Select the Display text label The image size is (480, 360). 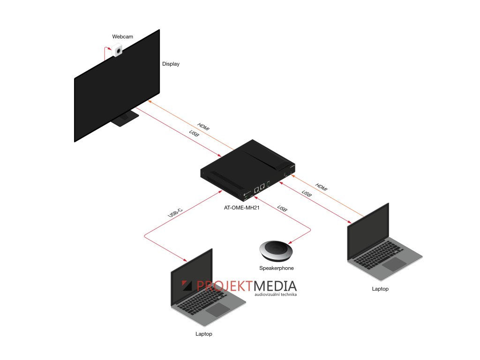171,64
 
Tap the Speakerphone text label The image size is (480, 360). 277,268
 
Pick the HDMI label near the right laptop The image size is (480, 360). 322,186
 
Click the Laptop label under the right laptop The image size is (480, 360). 380,289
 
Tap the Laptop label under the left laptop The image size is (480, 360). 204,334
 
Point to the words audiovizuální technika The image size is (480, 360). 276,295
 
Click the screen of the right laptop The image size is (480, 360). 367,232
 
